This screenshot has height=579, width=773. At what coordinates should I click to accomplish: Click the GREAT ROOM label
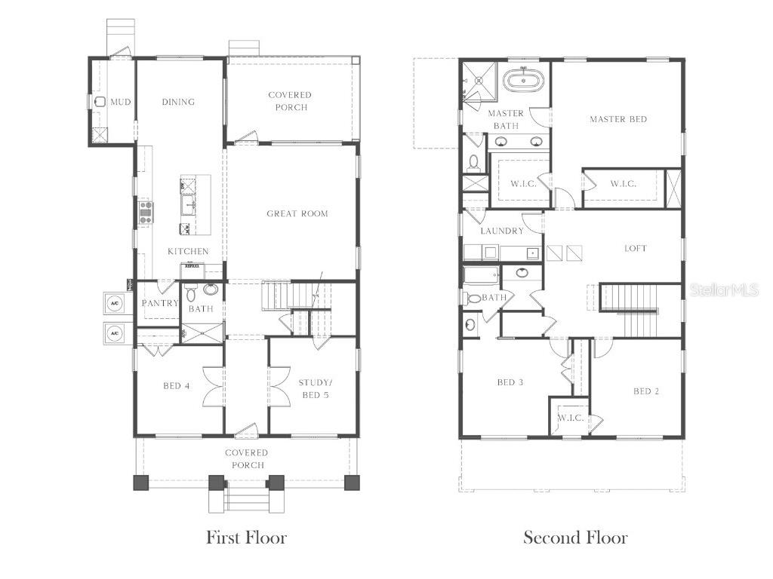[297, 213]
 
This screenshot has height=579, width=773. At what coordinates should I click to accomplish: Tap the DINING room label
[178, 102]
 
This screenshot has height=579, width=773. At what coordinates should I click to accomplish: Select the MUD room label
[121, 102]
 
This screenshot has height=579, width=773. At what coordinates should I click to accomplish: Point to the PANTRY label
[160, 303]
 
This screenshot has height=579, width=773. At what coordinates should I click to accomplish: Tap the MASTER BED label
[618, 119]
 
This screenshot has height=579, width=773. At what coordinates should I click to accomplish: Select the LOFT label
[636, 248]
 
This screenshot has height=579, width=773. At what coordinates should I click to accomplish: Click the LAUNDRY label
[501, 231]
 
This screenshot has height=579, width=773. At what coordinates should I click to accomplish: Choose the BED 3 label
[510, 382]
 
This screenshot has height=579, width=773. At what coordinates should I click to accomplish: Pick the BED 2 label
[646, 391]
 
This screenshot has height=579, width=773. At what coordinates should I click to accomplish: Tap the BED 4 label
[176, 386]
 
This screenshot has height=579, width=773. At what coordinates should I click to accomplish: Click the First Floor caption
[247, 538]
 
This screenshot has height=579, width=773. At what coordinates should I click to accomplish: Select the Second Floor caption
[576, 538]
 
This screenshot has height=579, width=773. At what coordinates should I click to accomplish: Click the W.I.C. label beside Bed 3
[571, 418]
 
